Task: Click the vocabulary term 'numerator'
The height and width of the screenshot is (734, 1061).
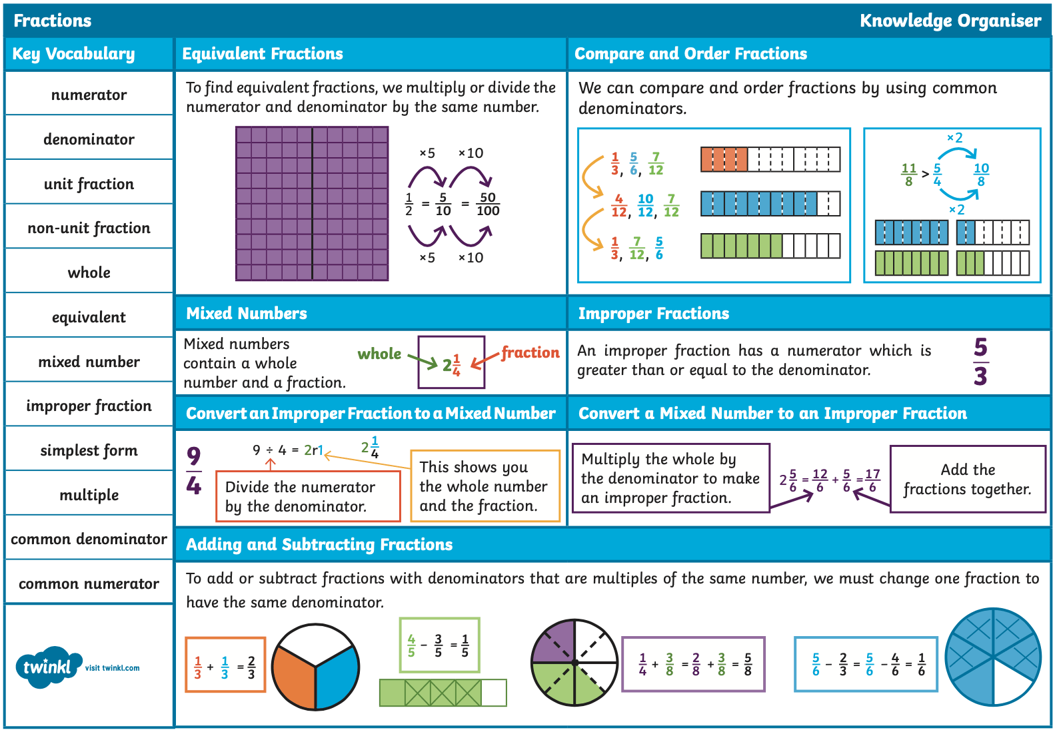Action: (89, 95)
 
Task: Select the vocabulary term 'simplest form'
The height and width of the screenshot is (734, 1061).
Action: (89, 450)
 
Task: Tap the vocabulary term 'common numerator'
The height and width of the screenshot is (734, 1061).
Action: (89, 583)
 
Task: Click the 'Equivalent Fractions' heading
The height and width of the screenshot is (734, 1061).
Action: (263, 54)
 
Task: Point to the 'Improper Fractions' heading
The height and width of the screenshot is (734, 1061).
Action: (654, 313)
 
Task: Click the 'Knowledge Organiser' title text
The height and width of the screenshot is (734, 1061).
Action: (950, 21)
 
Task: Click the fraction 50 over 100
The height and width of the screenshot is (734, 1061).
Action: (488, 204)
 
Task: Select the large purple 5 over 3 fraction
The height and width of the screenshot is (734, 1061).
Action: (980, 362)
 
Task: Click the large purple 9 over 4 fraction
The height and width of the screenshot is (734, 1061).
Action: (194, 470)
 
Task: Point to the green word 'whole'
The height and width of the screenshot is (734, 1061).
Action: (379, 354)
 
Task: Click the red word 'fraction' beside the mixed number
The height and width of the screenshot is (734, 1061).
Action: (530, 352)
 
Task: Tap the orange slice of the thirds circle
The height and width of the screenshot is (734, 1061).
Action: (294, 677)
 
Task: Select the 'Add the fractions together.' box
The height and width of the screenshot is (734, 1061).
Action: (968, 479)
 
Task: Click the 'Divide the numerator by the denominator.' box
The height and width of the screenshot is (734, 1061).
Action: (308, 496)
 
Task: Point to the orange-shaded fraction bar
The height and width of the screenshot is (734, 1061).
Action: (770, 159)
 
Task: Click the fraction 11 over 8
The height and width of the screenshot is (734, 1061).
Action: (908, 175)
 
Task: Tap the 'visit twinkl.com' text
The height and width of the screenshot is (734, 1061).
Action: (112, 668)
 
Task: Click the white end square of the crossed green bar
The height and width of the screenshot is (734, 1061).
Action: (494, 693)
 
